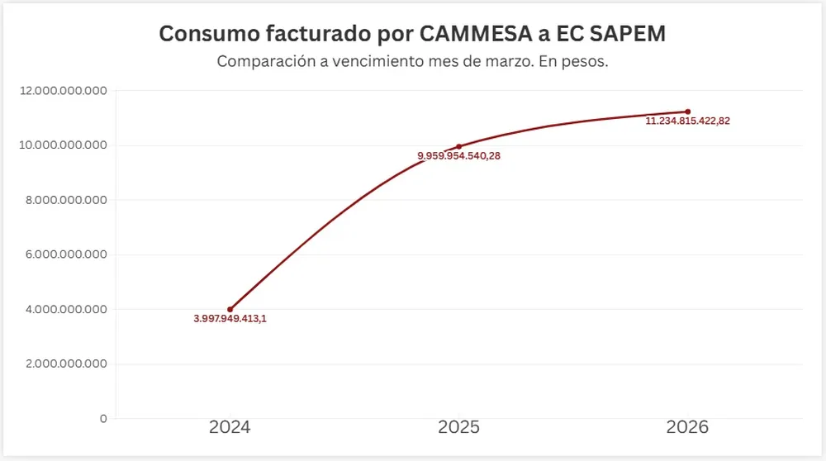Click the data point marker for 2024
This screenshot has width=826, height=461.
point(230,309)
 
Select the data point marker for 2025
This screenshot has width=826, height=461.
point(458,146)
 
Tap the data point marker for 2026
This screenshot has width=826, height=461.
point(687,112)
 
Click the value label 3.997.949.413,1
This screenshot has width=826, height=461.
point(230,319)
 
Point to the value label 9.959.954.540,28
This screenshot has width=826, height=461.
point(458,156)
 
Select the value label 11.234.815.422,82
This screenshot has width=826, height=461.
point(687,121)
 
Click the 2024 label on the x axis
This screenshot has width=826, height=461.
point(230,428)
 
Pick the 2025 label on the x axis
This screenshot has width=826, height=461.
point(458,428)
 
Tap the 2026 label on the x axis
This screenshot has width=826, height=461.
point(687,428)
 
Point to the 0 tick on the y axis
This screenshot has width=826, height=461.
point(103,419)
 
